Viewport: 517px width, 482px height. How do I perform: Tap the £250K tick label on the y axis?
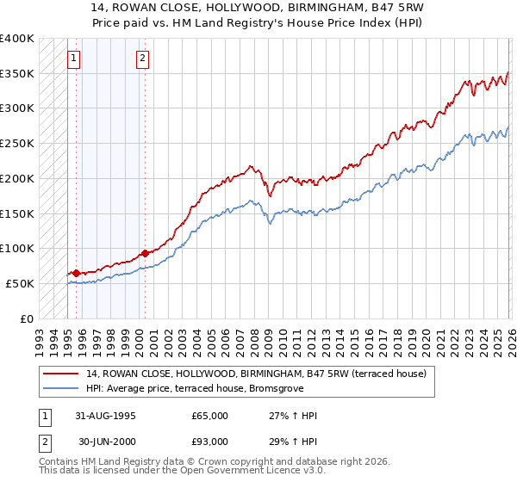click(x=16, y=144)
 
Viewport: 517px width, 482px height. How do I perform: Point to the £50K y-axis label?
click(x=19, y=283)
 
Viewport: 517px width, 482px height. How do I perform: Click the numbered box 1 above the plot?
click(x=74, y=59)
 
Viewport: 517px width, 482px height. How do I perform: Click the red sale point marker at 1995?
click(x=76, y=273)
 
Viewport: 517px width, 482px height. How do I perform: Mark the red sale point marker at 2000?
click(x=145, y=253)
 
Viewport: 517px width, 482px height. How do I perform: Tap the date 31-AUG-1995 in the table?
click(x=105, y=416)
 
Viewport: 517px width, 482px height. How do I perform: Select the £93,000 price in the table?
click(x=210, y=442)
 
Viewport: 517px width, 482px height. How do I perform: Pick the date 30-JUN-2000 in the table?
click(x=106, y=442)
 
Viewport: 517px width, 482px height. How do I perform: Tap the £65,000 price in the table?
click(x=210, y=416)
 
